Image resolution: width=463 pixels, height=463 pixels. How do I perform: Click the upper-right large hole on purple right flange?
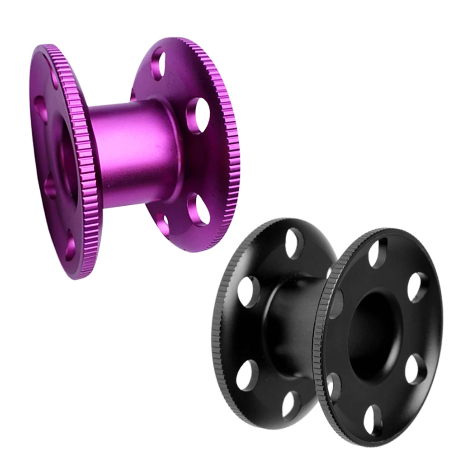(198, 115)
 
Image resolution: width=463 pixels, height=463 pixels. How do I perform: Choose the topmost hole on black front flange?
(378, 253)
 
